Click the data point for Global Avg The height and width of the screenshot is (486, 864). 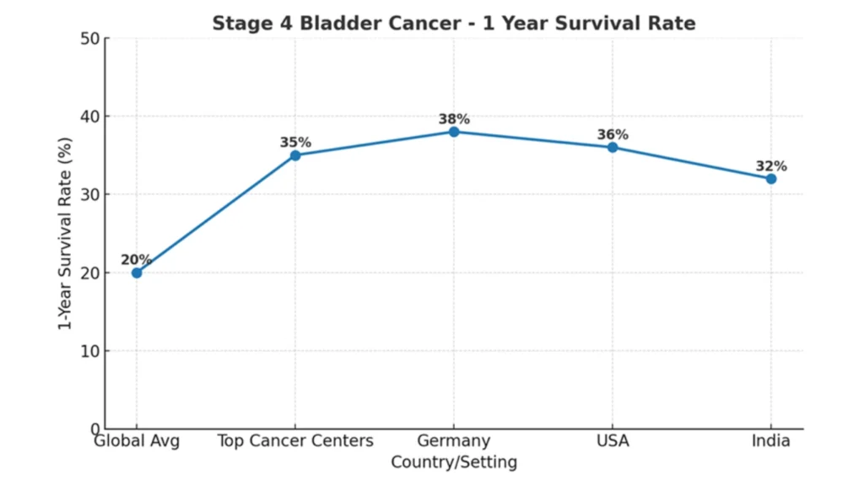click(x=137, y=273)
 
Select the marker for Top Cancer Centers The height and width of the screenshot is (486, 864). click(x=295, y=155)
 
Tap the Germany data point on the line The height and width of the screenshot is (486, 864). click(x=454, y=132)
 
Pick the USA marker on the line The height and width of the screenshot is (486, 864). click(x=613, y=148)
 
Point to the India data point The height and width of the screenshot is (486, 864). click(x=771, y=179)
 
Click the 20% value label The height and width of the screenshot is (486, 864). click(x=136, y=260)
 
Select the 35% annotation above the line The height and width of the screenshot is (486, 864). click(x=295, y=143)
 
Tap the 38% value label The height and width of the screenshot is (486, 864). click(x=454, y=119)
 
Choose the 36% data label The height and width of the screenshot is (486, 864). click(x=613, y=135)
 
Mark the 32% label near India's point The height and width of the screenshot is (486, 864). click(x=771, y=166)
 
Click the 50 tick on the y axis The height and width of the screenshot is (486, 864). click(x=89, y=39)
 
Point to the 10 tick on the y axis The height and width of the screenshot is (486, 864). click(x=89, y=351)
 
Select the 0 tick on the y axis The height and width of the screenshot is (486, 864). click(x=94, y=429)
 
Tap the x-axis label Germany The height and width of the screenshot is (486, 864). click(x=454, y=441)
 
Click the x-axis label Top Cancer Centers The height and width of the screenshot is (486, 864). click(x=295, y=441)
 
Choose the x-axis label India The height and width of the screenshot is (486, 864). click(x=771, y=441)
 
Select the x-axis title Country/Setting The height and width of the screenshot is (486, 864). click(x=454, y=462)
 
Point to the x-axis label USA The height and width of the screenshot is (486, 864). click(x=613, y=441)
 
